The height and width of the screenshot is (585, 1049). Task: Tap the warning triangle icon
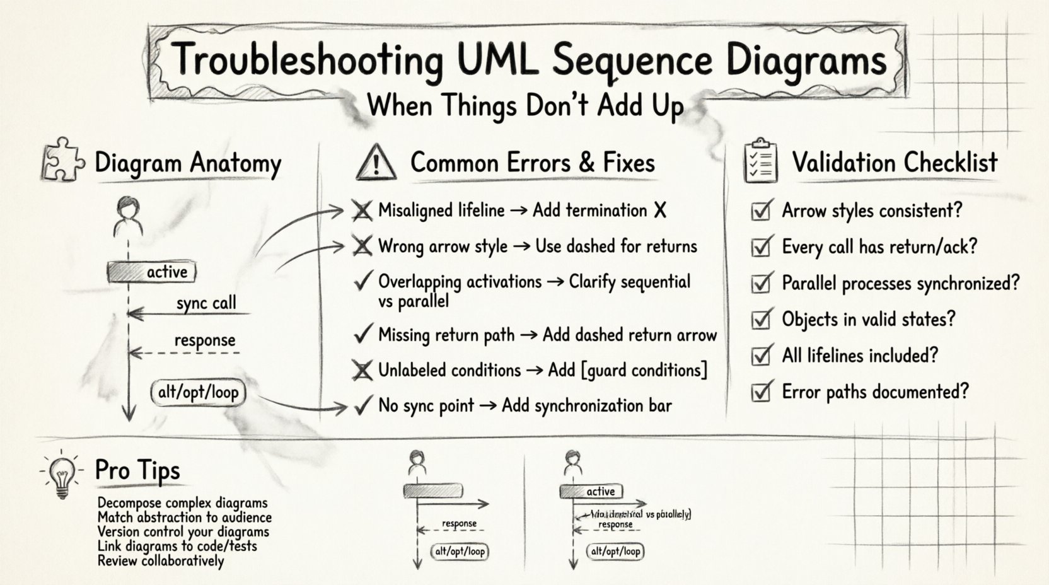click(376, 163)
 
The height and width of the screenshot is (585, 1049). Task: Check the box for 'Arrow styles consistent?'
click(762, 211)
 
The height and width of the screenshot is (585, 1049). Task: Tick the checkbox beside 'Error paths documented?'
click(762, 392)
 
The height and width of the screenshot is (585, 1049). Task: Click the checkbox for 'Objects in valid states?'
click(762, 320)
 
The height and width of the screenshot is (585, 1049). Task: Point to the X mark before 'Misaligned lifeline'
click(362, 211)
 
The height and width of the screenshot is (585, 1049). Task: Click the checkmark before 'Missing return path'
click(362, 335)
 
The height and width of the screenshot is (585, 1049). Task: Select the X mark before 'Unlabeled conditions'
click(362, 371)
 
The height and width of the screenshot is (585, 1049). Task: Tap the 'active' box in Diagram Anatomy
click(152, 272)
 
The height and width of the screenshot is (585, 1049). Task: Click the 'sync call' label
click(206, 303)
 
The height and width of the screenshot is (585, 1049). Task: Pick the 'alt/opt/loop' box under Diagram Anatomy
click(198, 393)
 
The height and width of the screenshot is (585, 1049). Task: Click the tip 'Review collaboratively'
click(161, 560)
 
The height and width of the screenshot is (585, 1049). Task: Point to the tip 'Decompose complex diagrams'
click(183, 503)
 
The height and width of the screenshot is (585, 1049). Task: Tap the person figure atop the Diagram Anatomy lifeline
click(128, 216)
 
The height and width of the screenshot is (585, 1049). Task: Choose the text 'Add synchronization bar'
click(586, 405)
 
